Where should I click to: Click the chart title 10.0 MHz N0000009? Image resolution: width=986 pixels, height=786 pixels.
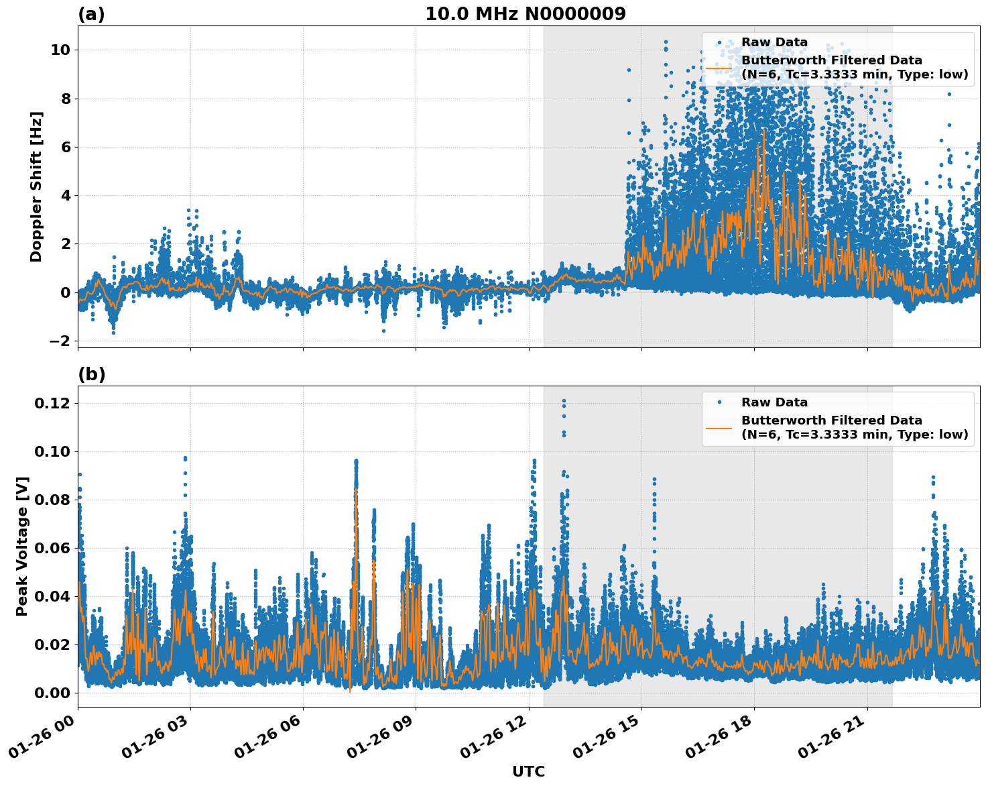525,14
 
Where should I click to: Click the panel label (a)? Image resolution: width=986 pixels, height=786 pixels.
91,14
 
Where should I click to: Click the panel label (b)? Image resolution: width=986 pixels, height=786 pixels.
91,374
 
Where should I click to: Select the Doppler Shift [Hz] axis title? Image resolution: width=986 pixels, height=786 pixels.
36,186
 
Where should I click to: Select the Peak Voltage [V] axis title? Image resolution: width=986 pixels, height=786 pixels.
22,546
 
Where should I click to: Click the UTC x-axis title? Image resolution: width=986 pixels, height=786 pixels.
528,771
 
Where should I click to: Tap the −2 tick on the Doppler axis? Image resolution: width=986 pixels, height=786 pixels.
60,341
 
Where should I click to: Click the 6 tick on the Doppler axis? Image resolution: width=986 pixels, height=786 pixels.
65,148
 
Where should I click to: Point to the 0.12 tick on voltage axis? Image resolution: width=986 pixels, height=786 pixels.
52,403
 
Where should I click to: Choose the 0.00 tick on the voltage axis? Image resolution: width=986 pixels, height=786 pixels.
52,693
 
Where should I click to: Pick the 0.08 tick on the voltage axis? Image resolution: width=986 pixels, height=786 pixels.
52,500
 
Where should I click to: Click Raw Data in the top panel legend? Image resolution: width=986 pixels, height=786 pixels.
774,42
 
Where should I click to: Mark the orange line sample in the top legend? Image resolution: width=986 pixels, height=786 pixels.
719,67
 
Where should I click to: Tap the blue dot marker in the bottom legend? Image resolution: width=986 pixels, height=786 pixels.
719,402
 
